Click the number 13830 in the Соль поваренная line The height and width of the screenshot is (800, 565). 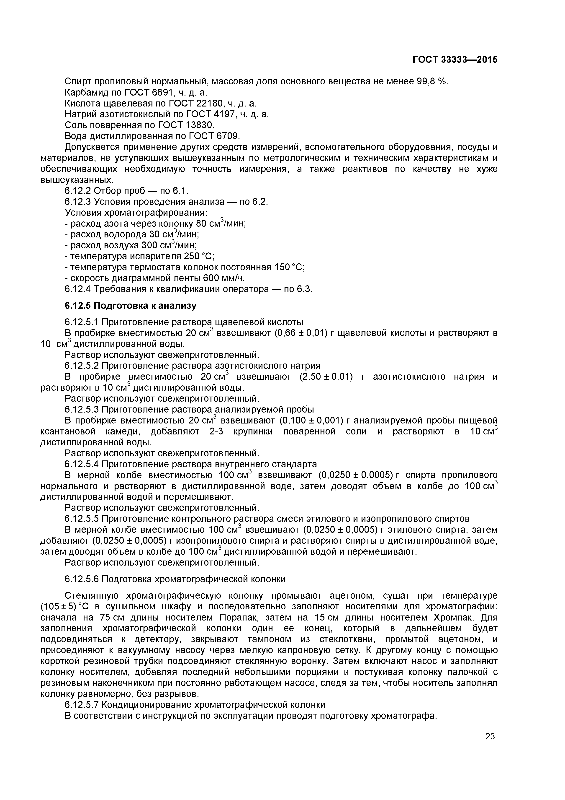[198, 125]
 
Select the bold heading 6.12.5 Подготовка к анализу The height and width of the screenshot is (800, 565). [131, 306]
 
